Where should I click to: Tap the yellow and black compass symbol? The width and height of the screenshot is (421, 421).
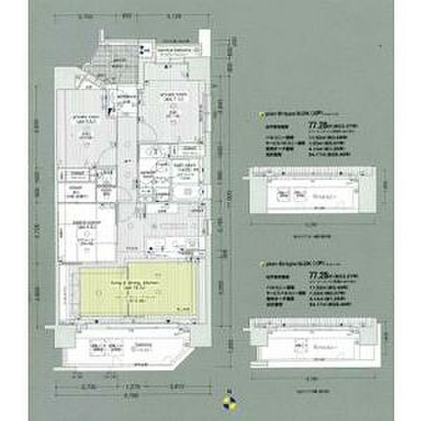pos(227,401)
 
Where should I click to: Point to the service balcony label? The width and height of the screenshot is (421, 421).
pos(172,52)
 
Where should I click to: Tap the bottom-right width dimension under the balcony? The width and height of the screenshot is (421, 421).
pos(177,385)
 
